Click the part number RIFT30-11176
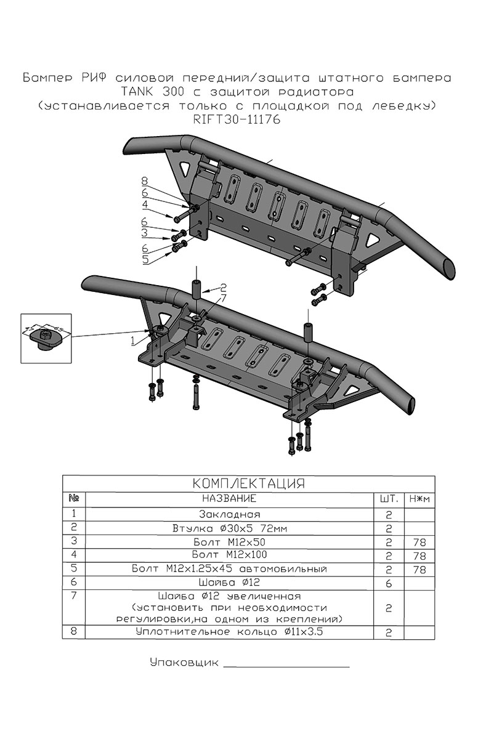point(237,121)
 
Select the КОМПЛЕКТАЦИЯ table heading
point(249,483)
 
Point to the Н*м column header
point(419,498)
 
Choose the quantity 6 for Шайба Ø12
point(389,583)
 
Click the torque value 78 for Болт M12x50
point(419,543)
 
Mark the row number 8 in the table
point(74,631)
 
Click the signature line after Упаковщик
point(286,666)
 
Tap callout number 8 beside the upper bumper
point(144,182)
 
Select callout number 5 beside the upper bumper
point(145,260)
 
